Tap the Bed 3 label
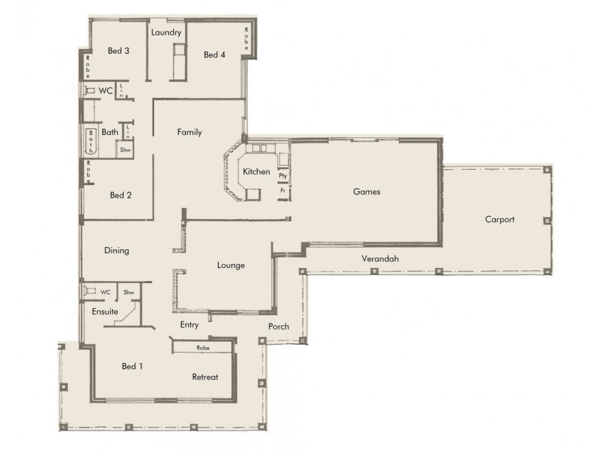pyautogui.click(x=119, y=51)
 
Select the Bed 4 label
pyautogui.click(x=214, y=55)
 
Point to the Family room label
pyautogui.click(x=190, y=132)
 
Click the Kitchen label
pyautogui.click(x=256, y=171)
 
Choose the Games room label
pyautogui.click(x=366, y=192)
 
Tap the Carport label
pyautogui.click(x=500, y=220)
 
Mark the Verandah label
pyautogui.click(x=380, y=259)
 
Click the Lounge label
pyautogui.click(x=230, y=265)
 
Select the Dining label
pyautogui.click(x=116, y=251)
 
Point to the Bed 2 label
pyautogui.click(x=121, y=195)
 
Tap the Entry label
pyautogui.click(x=190, y=325)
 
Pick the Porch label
pyautogui.click(x=279, y=327)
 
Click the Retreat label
pyautogui.click(x=205, y=377)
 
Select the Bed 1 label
pyautogui.click(x=132, y=366)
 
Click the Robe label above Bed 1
pyautogui.click(x=202, y=348)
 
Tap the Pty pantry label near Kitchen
pyautogui.click(x=282, y=175)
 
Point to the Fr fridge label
pyautogui.click(x=282, y=191)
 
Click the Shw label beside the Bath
pyautogui.click(x=125, y=149)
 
